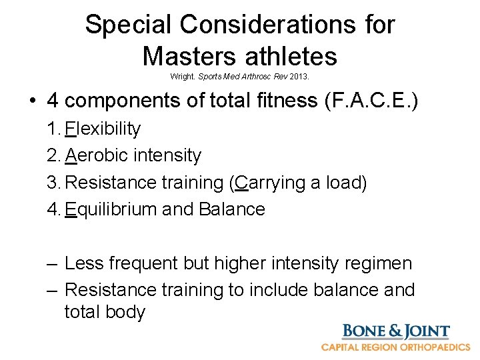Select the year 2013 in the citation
tap(299, 77)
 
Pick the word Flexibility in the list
tap(103, 128)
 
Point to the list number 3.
tap(53, 183)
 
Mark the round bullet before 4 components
tap(32, 101)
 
